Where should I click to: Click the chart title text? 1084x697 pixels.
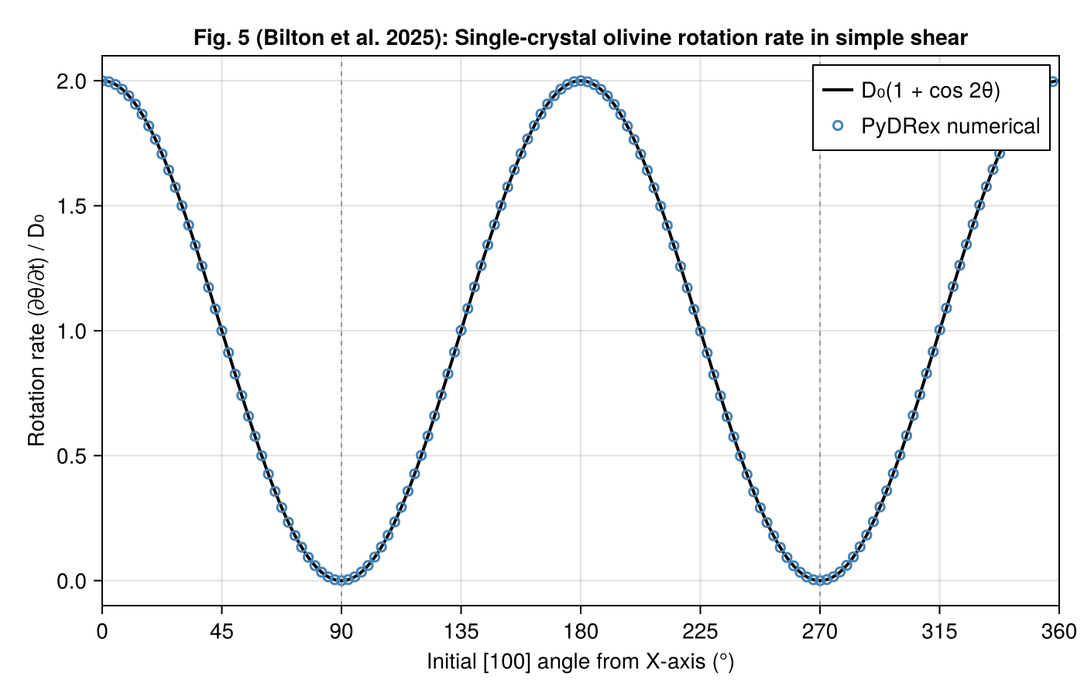click(x=581, y=37)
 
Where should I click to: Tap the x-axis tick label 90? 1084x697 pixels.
click(x=341, y=632)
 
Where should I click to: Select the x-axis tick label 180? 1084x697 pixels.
click(x=581, y=632)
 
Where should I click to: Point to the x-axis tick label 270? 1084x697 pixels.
click(x=820, y=632)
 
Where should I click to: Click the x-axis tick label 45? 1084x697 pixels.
click(x=221, y=632)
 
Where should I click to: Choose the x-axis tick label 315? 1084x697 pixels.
click(x=939, y=632)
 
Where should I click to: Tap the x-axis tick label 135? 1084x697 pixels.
click(x=461, y=632)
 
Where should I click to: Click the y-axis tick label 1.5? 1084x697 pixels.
click(x=72, y=206)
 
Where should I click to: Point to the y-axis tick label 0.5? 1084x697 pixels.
click(x=72, y=456)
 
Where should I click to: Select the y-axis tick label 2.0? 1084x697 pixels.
click(x=72, y=81)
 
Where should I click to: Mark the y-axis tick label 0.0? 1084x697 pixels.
click(x=72, y=582)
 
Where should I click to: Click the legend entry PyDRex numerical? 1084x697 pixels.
click(x=951, y=126)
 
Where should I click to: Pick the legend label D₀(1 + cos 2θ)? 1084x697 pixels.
click(x=931, y=91)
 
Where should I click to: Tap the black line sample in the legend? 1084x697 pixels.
click(x=837, y=91)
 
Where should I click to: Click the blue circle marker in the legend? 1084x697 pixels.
click(x=837, y=125)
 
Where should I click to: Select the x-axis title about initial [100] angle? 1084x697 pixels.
click(x=581, y=662)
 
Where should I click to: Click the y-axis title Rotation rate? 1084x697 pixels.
click(x=36, y=331)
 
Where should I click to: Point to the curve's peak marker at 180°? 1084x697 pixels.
click(x=581, y=81)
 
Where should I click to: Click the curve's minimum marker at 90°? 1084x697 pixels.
click(x=341, y=580)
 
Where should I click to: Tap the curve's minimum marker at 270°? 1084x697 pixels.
click(x=820, y=580)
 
